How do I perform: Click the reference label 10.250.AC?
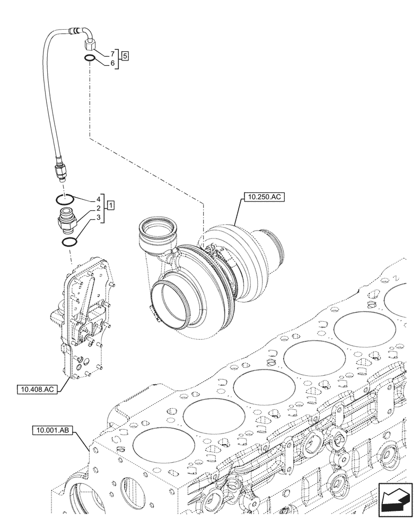264,198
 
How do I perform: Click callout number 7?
112,55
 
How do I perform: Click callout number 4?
99,200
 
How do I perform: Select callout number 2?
99,208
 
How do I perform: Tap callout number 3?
99,217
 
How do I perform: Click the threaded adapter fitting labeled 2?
66,218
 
